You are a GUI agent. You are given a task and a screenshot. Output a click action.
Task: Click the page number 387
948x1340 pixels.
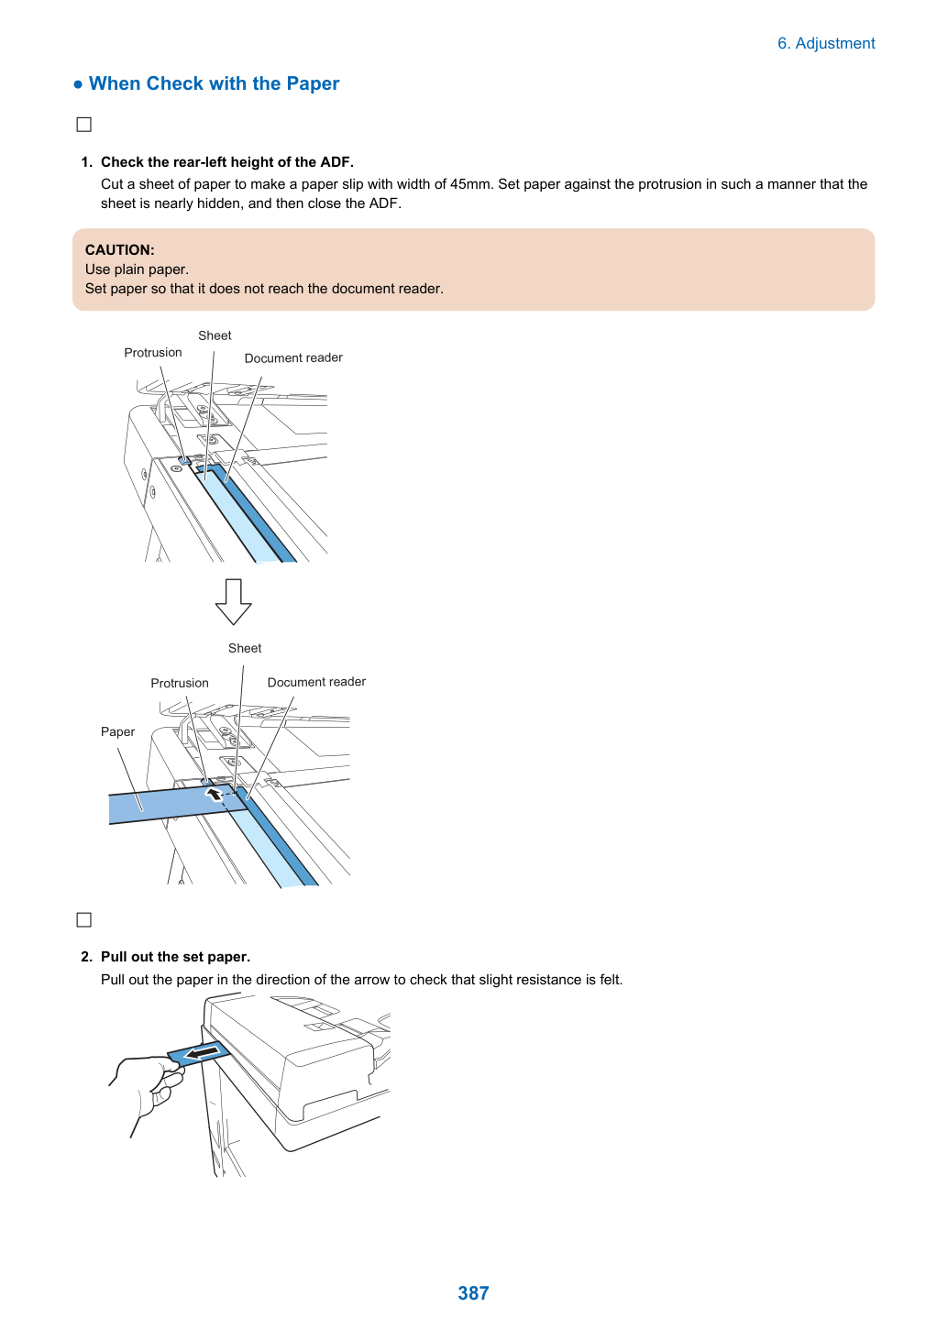tap(473, 1292)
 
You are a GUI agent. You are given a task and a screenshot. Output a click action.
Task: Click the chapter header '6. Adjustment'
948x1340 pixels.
tap(826, 44)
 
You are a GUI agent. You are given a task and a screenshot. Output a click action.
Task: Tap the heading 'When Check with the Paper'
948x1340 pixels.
tap(214, 83)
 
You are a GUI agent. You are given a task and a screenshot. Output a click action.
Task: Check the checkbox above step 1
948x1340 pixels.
tap(83, 125)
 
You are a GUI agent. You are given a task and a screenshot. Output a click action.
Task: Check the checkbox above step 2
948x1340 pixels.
tap(83, 919)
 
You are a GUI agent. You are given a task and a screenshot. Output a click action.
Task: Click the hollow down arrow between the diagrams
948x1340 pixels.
tap(234, 601)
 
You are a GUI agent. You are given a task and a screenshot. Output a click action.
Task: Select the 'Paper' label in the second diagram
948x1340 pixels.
tap(118, 731)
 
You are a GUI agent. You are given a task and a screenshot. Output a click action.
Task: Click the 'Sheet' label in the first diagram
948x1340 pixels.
tap(215, 335)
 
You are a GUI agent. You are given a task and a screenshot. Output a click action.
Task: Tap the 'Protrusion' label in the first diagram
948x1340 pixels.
tap(152, 352)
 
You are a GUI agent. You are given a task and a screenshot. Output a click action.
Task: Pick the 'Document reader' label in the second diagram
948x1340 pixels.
tap(316, 682)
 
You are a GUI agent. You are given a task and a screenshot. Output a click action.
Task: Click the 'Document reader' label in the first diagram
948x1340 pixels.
tap(293, 357)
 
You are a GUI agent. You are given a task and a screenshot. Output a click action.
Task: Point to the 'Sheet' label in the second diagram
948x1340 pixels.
tap(245, 649)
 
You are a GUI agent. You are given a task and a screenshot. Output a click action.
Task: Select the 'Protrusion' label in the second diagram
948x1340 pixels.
tap(180, 683)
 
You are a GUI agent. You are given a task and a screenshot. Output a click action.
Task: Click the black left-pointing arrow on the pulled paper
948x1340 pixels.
tap(201, 1051)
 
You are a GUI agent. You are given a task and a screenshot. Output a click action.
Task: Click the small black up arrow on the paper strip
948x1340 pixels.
tap(214, 794)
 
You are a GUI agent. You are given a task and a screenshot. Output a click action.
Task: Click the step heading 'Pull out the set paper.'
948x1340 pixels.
tap(175, 957)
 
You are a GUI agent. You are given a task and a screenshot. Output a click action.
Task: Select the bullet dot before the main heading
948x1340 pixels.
tap(78, 84)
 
